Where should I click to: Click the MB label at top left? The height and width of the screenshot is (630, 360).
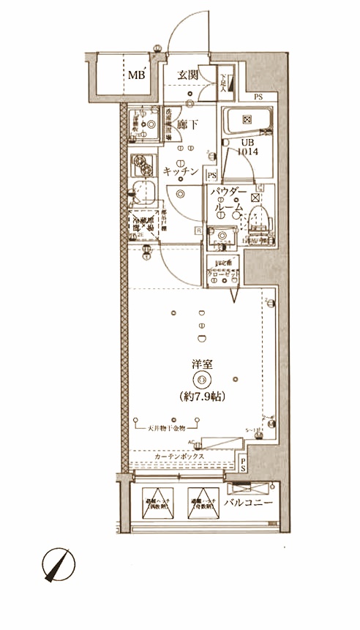(x=137, y=75)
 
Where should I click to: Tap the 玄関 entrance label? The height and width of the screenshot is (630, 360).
(x=188, y=75)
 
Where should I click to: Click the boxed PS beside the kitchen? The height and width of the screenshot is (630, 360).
(x=211, y=175)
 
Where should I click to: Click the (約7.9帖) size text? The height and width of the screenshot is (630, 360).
(x=202, y=396)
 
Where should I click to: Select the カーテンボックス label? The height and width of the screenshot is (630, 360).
(x=179, y=455)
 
